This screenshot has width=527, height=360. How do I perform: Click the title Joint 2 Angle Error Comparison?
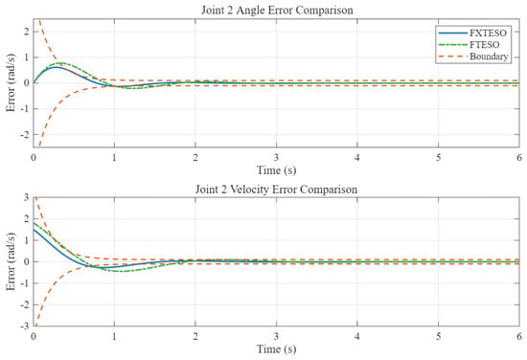coord(277,11)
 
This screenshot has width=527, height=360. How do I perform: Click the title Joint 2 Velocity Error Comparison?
coord(276,190)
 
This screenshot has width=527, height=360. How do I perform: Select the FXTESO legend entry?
coord(473,33)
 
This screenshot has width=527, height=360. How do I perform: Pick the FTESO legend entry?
coord(470,45)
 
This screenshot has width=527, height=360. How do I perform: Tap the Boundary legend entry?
coord(473,56)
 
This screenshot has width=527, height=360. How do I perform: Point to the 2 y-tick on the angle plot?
coord(27,32)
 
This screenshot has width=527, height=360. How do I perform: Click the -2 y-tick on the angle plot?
coord(25,135)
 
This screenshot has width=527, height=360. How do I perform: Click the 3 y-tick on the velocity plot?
coord(27,197)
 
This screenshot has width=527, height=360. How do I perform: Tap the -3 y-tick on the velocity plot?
coord(25,326)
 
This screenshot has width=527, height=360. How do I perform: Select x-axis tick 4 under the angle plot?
coord(357,157)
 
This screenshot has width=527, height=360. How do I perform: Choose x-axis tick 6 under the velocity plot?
coord(519,336)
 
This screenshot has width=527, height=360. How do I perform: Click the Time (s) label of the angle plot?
coord(277,170)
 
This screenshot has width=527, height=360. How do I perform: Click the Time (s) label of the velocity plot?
coord(277,349)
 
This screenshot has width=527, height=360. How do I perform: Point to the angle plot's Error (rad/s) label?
coord(11,82)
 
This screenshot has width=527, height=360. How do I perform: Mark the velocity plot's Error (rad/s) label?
coord(11,261)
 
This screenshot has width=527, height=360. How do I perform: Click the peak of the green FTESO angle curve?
coord(61,63)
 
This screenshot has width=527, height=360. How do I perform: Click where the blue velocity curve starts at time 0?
coord(34,230)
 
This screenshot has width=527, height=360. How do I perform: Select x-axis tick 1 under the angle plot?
coord(114,157)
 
